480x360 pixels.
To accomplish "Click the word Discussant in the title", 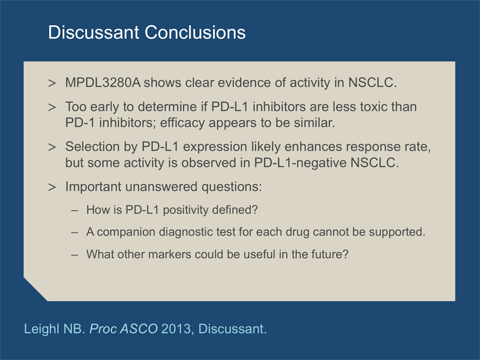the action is (x=94, y=32).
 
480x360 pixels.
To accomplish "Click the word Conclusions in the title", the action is (x=195, y=32).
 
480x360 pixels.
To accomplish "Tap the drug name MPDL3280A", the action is (x=103, y=83).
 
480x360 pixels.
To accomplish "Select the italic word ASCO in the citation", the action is (x=139, y=329).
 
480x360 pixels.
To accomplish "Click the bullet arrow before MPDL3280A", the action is (x=52, y=83).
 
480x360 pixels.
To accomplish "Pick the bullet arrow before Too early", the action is (x=52, y=107).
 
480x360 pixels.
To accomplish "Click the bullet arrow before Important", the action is (x=52, y=187).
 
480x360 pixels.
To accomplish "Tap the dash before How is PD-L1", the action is (x=74, y=211).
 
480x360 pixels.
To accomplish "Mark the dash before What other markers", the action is (x=74, y=255).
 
